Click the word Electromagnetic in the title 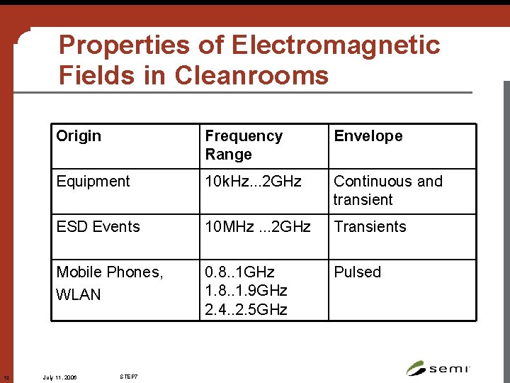click(x=336, y=45)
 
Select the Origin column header click(x=79, y=136)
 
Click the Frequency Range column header click(x=244, y=145)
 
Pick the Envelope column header click(x=368, y=136)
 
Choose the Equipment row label click(x=93, y=182)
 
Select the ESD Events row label click(x=98, y=227)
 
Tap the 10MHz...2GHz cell click(x=258, y=227)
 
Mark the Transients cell click(x=370, y=227)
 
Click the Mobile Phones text click(x=109, y=272)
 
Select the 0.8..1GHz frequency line click(x=239, y=272)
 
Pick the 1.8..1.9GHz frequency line click(x=246, y=291)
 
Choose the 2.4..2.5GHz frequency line click(x=246, y=309)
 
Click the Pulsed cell click(x=357, y=272)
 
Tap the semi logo click(x=438, y=367)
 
